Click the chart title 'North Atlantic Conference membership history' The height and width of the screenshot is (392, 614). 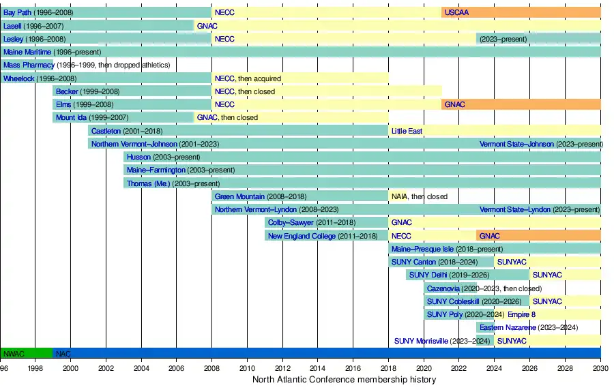pos(344,380)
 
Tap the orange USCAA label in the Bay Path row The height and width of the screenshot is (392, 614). pos(456,13)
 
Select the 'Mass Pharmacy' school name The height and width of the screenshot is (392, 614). pos(28,65)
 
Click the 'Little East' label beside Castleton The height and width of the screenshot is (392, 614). pos(407,131)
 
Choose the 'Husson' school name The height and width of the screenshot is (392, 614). pos(138,157)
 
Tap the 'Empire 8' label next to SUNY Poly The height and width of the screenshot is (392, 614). pos(521,314)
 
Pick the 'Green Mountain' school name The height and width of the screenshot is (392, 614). pos(239,196)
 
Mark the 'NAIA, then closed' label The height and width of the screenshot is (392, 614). pos(419,196)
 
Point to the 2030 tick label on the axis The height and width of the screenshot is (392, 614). pos(600,368)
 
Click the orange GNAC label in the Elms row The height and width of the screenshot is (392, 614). pos(454,104)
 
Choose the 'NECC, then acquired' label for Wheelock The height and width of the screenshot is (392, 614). pos(248,78)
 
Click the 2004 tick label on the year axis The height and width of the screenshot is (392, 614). pos(141,368)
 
